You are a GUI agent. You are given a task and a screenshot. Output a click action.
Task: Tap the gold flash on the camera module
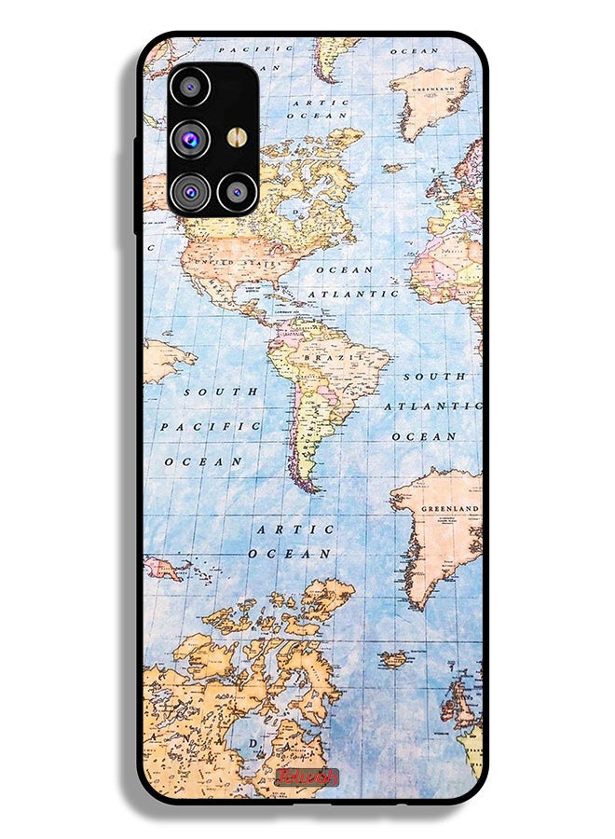click(236, 137)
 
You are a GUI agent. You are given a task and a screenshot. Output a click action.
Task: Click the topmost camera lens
click(190, 87)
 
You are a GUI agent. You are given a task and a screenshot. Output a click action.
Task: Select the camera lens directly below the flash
click(236, 192)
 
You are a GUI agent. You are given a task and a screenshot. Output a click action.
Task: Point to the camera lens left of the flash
click(190, 138)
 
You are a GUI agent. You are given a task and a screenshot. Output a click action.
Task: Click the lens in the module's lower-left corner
click(190, 192)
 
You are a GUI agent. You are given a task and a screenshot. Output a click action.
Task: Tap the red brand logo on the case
click(307, 777)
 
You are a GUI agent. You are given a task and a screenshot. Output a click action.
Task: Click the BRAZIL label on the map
click(333, 357)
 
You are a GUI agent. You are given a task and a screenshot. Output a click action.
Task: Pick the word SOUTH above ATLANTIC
click(434, 377)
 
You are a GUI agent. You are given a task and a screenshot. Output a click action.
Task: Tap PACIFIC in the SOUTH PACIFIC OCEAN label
click(210, 426)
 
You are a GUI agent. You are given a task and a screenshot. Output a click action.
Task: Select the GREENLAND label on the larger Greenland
click(450, 509)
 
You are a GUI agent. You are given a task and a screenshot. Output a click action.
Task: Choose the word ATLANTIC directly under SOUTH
click(434, 406)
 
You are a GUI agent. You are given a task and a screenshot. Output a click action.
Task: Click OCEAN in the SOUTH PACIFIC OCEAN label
click(203, 461)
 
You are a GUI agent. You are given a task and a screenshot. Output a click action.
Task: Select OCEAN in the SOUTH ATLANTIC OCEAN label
click(424, 436)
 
